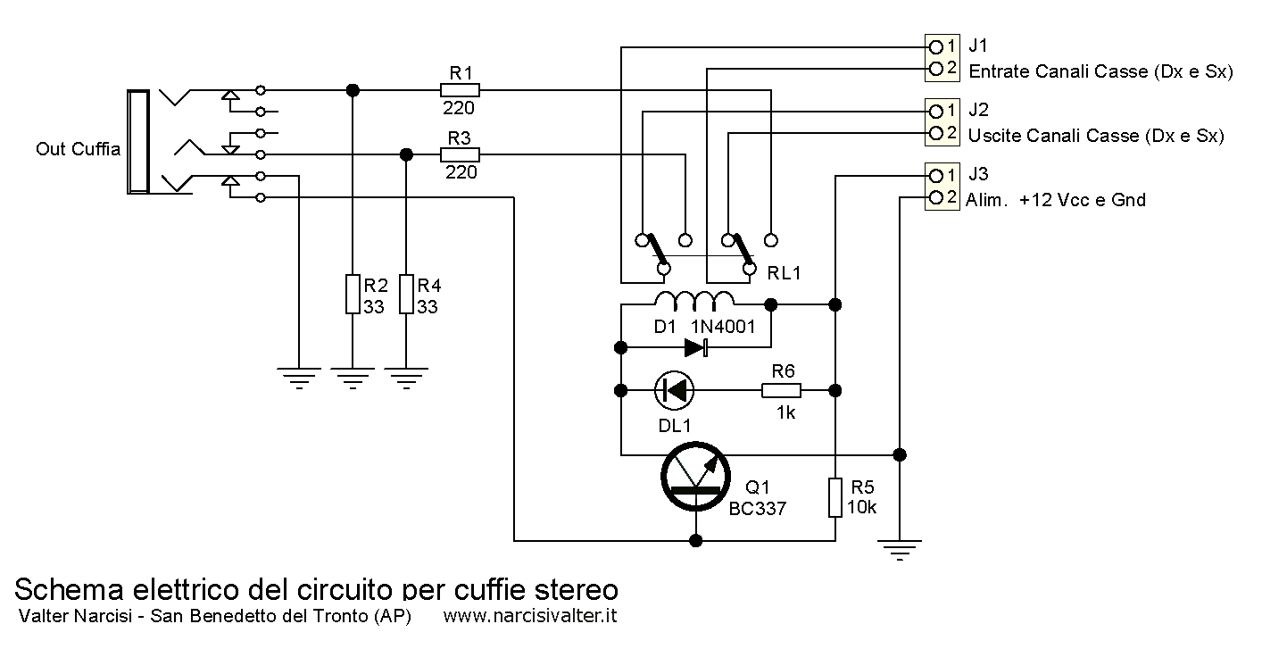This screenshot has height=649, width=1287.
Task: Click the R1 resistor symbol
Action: click(x=460, y=89)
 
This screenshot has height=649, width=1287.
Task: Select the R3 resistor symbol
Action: click(x=460, y=154)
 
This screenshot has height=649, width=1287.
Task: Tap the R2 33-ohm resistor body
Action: click(x=353, y=295)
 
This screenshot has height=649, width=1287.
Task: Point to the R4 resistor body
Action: click(x=406, y=295)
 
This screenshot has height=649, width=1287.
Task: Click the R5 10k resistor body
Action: click(x=835, y=497)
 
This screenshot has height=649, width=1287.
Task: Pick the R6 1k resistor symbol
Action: click(x=781, y=390)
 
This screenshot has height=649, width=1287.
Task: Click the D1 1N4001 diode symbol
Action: click(x=695, y=347)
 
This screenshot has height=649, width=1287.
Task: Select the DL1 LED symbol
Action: click(x=674, y=390)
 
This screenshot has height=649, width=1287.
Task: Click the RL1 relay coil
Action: click(x=695, y=298)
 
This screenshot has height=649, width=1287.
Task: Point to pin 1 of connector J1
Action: click(x=935, y=46)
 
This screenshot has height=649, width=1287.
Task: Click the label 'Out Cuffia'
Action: click(x=78, y=149)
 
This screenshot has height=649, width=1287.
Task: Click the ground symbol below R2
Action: click(x=353, y=377)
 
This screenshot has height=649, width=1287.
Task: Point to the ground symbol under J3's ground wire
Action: click(x=901, y=549)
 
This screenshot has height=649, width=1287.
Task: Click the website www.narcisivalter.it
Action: click(x=530, y=616)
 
